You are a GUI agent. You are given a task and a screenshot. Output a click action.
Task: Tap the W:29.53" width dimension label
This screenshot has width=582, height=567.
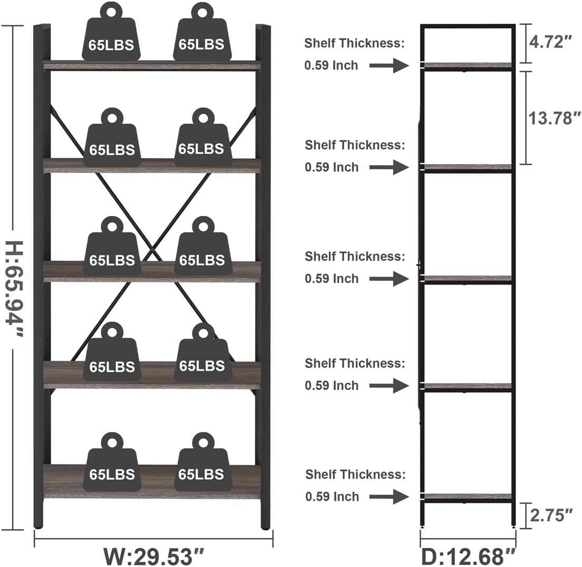153,555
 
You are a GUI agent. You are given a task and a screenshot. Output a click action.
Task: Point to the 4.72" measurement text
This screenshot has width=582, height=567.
551,42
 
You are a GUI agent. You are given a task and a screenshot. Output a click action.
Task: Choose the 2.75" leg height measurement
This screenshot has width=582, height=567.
551,515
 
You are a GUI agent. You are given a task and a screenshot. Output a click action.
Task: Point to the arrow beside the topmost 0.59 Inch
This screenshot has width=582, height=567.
389,65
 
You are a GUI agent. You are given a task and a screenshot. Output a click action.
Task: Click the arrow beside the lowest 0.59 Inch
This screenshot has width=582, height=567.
389,496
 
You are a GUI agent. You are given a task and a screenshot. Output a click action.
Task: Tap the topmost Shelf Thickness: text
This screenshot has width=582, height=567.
355,43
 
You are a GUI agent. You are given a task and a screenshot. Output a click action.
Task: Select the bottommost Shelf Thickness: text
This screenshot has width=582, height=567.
355,474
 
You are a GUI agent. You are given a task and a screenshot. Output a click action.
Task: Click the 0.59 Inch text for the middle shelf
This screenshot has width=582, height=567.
331,278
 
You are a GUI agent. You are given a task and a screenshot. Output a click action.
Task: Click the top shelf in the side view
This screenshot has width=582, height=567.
467,65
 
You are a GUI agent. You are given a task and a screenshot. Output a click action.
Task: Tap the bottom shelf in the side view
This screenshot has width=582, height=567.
467,496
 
